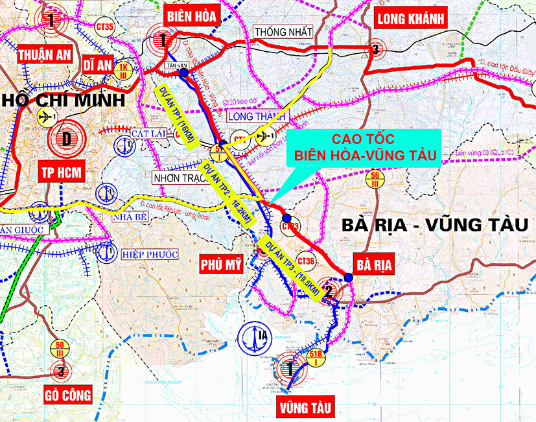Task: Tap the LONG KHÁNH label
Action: pyautogui.click(x=411, y=19)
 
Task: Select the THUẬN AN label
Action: pyautogui.click(x=43, y=54)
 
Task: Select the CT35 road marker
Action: pyautogui.click(x=104, y=27)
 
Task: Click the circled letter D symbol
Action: pyautogui.click(x=67, y=137)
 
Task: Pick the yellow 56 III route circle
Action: pyautogui.click(x=375, y=178)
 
